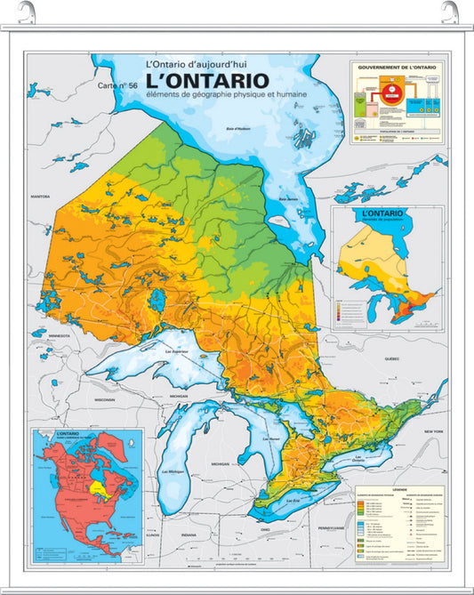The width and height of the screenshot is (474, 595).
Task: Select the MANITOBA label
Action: coord(40,196)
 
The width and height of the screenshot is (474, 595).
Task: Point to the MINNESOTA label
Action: coord(59,335)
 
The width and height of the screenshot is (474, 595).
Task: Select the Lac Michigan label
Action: coord(173,470)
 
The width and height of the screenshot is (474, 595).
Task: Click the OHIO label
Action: coord(265,529)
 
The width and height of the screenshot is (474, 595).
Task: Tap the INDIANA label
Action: coord(189,534)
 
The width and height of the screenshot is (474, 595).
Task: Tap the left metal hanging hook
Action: coord(34,12)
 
